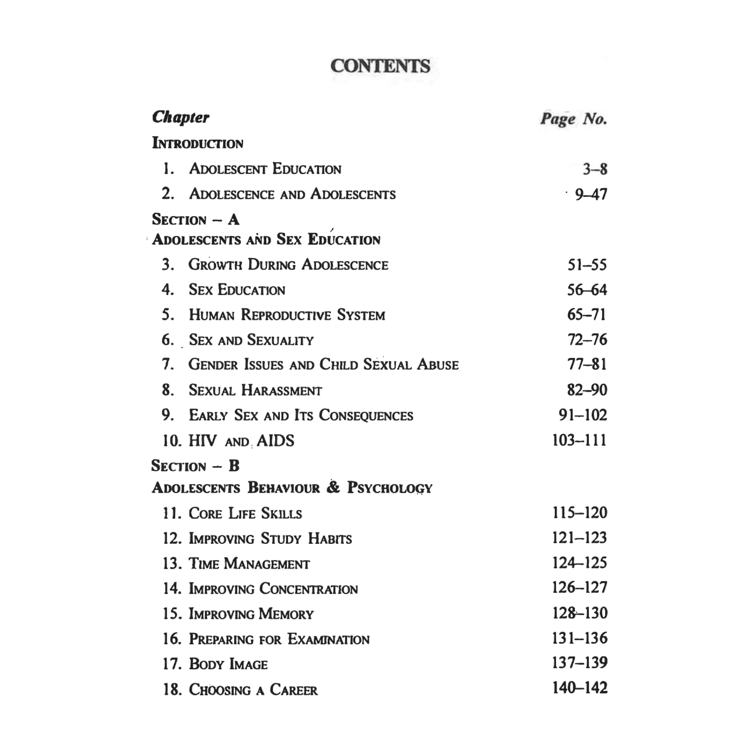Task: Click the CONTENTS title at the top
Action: [380, 66]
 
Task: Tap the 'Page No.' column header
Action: [573, 119]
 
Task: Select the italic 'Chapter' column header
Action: [180, 117]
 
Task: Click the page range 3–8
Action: [595, 169]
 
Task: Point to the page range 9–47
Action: [591, 194]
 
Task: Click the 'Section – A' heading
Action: [196, 219]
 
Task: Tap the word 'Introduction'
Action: [198, 143]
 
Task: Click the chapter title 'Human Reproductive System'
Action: [287, 315]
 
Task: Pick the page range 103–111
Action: [579, 440]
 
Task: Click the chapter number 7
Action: [168, 364]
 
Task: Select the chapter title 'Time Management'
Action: [249, 564]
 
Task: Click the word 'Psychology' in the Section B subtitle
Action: [389, 488]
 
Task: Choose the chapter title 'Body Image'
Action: [228, 664]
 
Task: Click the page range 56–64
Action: [587, 289]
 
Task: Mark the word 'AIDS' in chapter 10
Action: [275, 441]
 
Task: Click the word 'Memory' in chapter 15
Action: [286, 614]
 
